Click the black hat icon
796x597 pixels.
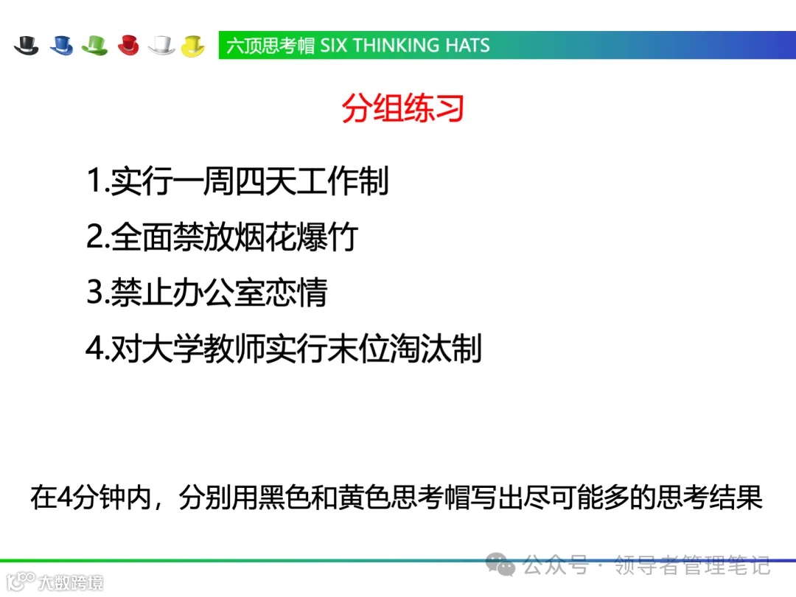click(27, 45)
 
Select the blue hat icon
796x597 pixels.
click(62, 45)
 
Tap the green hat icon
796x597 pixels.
click(95, 45)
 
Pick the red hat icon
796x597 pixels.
click(128, 45)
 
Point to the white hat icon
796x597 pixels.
click(161, 45)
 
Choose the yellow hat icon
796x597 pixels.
click(193, 45)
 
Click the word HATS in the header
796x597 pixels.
click(467, 45)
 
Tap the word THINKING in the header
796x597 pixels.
click(397, 45)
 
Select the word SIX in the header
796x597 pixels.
click(334, 45)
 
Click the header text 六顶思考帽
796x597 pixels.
click(270, 45)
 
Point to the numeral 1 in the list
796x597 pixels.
click(94, 181)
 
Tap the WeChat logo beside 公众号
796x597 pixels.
click(505, 565)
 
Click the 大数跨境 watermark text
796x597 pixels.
click(71, 582)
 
